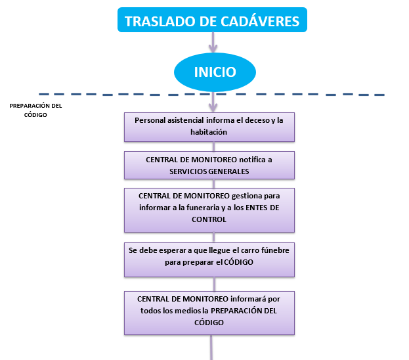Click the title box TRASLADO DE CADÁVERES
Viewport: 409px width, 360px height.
[x=212, y=21]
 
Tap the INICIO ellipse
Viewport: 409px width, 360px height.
[x=215, y=72]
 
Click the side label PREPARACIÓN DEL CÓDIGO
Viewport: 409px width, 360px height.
[x=37, y=110]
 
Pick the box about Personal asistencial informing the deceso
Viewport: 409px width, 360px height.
[x=209, y=126]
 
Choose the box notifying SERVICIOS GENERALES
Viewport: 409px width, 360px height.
[x=209, y=165]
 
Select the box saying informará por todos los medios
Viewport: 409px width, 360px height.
[x=209, y=311]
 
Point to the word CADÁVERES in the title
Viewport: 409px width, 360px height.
[x=259, y=21]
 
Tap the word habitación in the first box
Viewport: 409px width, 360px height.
[x=209, y=132]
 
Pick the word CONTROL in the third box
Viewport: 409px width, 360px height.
[x=209, y=219]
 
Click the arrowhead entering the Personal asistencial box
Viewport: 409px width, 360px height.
[x=213, y=108]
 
